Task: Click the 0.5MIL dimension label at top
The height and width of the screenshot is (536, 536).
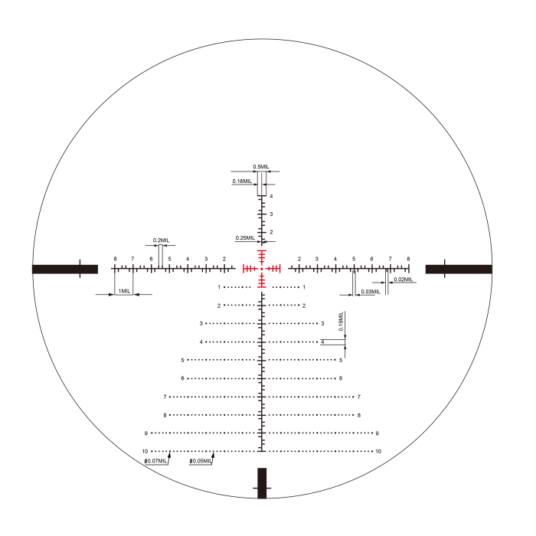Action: (261, 166)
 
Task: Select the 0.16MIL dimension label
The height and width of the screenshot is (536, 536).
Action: (242, 181)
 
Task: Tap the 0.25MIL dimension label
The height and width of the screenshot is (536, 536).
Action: (245, 238)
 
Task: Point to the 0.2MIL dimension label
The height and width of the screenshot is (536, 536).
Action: (161, 240)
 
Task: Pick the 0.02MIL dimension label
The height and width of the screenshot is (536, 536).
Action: (403, 279)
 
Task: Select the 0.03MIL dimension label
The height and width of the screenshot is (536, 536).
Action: (370, 292)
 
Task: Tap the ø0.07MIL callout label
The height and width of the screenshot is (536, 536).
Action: (155, 462)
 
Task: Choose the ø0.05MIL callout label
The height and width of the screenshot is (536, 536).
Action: (201, 462)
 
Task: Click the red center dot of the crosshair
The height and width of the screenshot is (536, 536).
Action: (262, 268)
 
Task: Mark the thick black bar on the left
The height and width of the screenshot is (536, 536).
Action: (65, 269)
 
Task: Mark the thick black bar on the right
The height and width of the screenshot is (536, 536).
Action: (459, 269)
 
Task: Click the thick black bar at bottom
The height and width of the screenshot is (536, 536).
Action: (262, 483)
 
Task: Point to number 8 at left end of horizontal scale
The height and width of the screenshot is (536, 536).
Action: (114, 259)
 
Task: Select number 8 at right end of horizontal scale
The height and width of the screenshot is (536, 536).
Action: (408, 259)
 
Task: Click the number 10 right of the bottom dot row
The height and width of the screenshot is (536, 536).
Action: (377, 452)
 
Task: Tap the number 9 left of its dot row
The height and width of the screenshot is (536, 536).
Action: (145, 433)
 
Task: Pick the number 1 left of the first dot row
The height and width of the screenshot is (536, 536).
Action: (219, 287)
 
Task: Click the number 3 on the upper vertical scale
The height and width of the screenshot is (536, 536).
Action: (271, 214)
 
